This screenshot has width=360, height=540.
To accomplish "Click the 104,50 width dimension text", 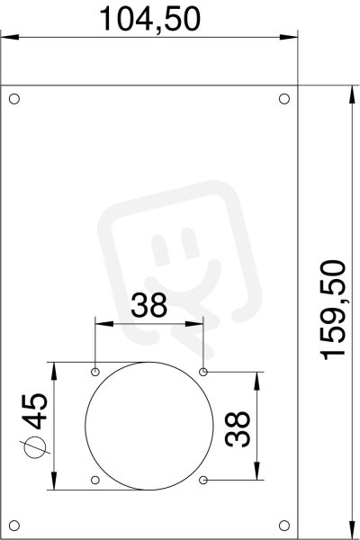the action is pyautogui.click(x=150, y=19).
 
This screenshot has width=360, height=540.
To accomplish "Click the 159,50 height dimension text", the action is pyautogui.click(x=333, y=310).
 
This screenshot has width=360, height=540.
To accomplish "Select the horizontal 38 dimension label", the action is pyautogui.click(x=148, y=305).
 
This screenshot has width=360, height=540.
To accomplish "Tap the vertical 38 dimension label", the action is pyautogui.click(x=238, y=429).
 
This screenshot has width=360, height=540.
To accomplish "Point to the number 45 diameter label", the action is pyautogui.click(x=35, y=411).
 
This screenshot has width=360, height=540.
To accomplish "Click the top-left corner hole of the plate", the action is pyautogui.click(x=14, y=99).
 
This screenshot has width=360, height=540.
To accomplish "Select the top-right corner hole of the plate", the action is pyautogui.click(x=284, y=99).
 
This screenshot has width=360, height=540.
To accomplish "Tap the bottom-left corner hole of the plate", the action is pyautogui.click(x=14, y=526).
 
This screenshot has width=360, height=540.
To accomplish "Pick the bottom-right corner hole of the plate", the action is pyautogui.click(x=284, y=526).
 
